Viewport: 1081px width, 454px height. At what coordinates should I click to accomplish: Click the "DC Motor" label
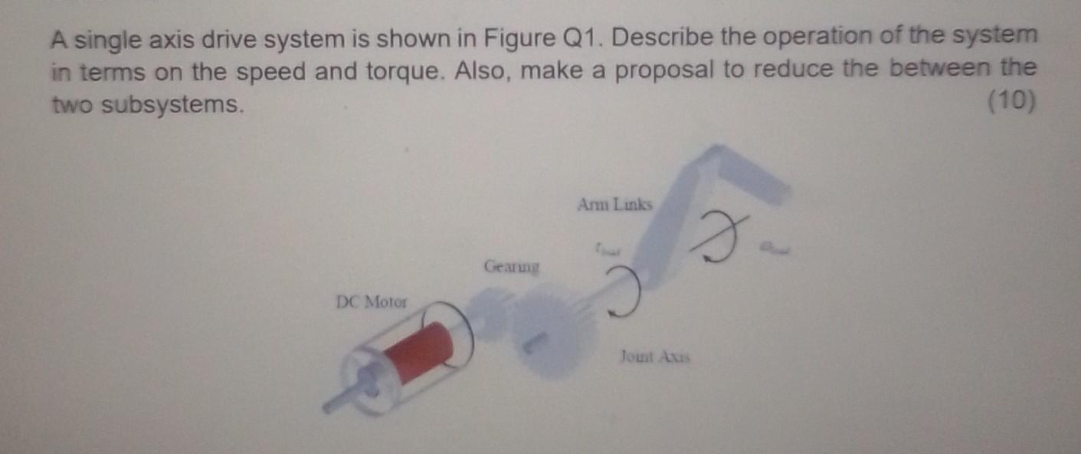(372, 301)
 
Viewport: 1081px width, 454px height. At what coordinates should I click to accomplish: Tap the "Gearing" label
(512, 268)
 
